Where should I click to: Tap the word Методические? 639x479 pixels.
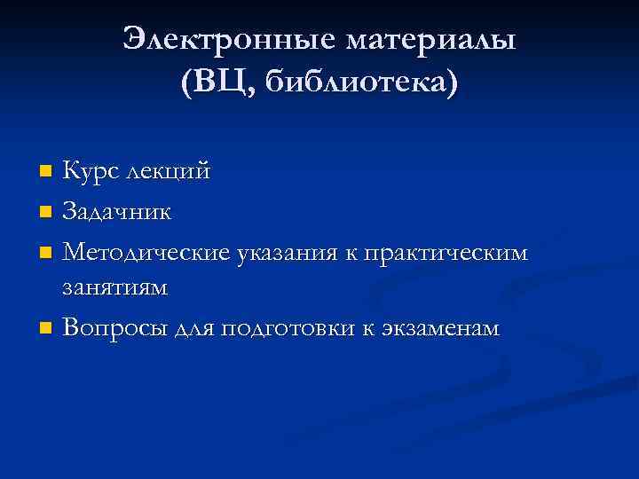(147, 254)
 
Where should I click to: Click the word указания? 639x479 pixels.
(284, 255)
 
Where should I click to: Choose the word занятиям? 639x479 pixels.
(114, 288)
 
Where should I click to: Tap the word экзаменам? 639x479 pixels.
(440, 329)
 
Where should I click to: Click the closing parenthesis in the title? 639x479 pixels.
(454, 83)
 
